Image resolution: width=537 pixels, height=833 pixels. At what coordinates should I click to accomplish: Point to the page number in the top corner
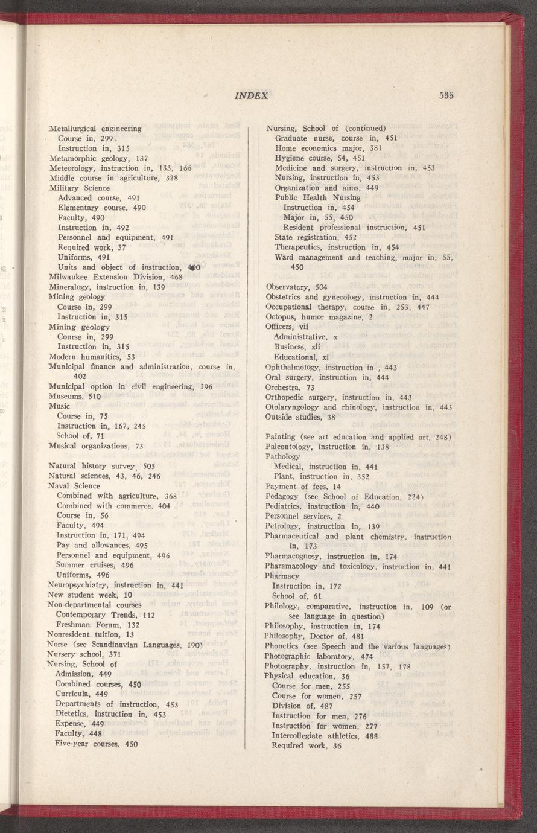447,95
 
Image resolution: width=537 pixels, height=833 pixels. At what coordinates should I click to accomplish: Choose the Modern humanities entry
92,356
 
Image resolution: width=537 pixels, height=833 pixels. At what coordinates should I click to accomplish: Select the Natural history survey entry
102,466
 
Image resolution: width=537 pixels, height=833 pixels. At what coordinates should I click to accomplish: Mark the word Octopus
279,317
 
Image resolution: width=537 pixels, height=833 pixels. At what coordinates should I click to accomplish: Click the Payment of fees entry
303,486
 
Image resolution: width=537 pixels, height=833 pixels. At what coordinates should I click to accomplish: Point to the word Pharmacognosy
294,556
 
